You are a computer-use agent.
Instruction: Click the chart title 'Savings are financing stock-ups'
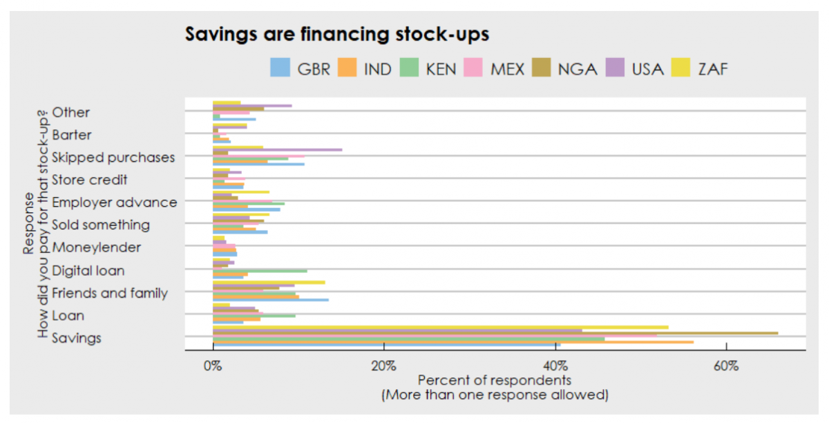click(337, 34)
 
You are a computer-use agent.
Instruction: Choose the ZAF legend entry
click(697, 68)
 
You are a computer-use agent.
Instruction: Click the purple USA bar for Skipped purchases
click(277, 149)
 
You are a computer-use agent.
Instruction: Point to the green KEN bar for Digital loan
click(260, 271)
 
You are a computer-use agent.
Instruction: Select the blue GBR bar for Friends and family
click(270, 300)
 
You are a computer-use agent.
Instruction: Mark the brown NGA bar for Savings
click(495, 333)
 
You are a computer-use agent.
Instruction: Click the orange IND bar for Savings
click(452, 341)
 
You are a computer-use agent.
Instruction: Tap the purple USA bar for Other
click(252, 106)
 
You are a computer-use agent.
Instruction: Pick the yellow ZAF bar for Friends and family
click(269, 282)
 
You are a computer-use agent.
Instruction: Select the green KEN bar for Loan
click(254, 315)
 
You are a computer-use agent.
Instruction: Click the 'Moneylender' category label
click(96, 247)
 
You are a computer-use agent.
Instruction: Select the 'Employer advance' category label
click(114, 203)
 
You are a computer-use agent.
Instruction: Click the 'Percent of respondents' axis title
click(495, 380)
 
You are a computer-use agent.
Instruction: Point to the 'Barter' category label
click(71, 135)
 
